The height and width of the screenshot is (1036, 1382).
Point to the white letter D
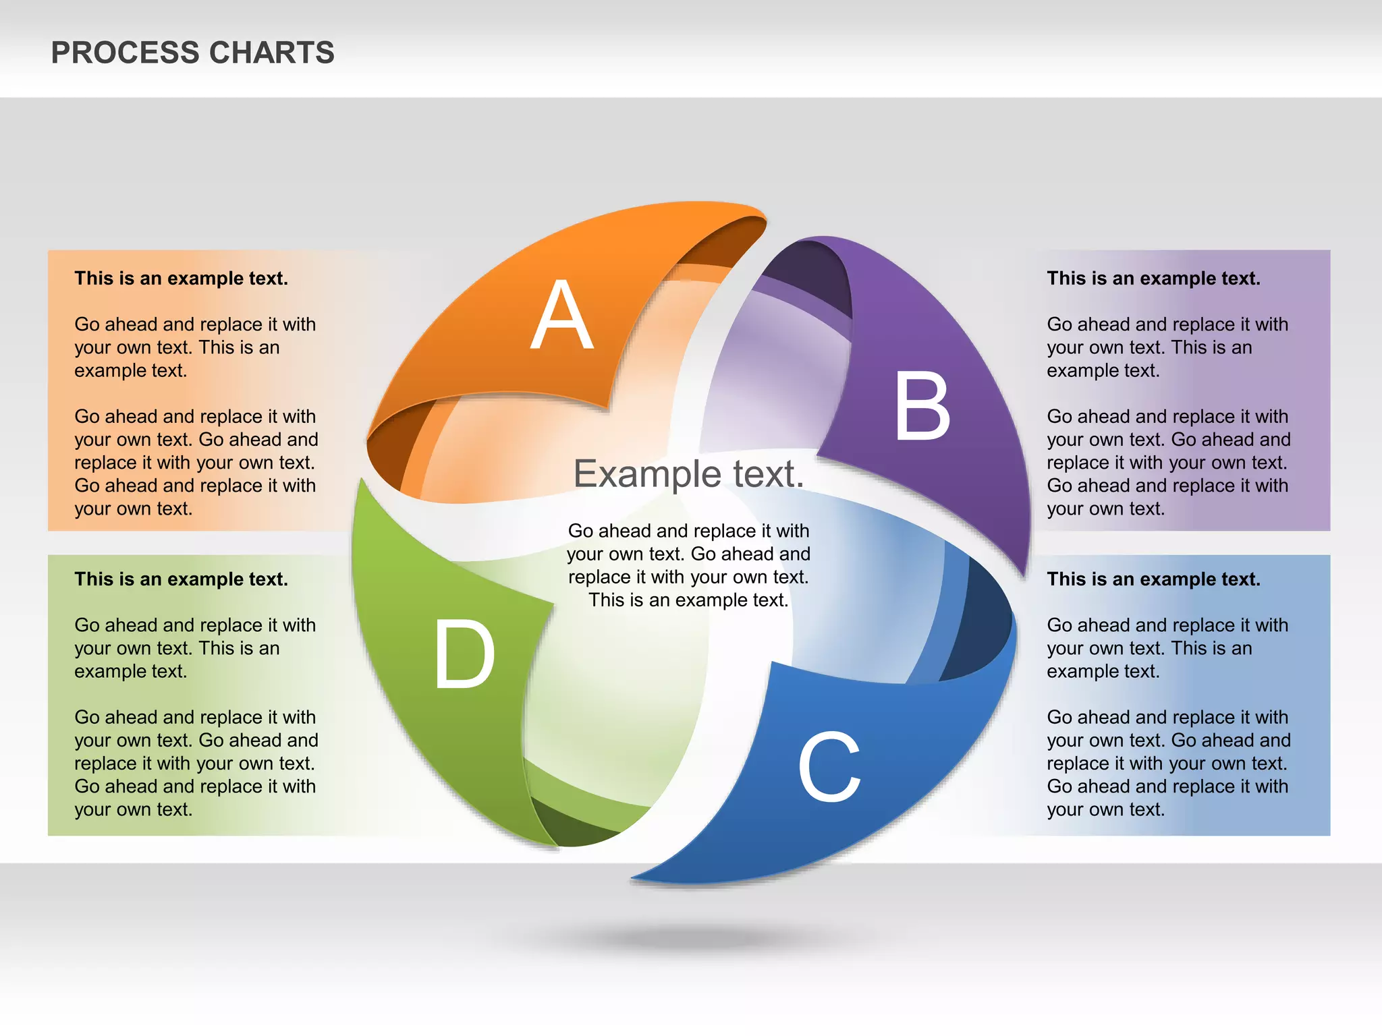(464, 654)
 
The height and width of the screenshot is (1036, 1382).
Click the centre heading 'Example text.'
(688, 473)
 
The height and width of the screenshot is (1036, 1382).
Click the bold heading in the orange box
(181, 279)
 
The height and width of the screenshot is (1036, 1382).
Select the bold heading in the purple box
(1153, 279)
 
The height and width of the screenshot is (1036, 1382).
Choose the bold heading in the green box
(181, 579)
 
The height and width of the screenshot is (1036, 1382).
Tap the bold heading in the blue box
(1153, 579)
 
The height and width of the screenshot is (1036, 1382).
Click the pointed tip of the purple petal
(1024, 573)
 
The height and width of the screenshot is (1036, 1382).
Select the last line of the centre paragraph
(688, 600)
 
